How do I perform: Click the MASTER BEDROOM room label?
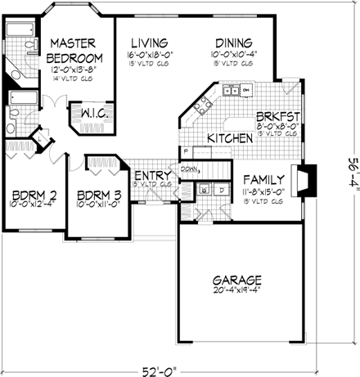pyautogui.click(x=74, y=50)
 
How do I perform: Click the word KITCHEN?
pyautogui.click(x=228, y=139)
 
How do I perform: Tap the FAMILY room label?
pyautogui.click(x=263, y=179)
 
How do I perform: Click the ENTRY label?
pyautogui.click(x=151, y=176)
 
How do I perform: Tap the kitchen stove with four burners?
pyautogui.click(x=201, y=103)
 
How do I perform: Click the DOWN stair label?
pyautogui.click(x=190, y=170)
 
